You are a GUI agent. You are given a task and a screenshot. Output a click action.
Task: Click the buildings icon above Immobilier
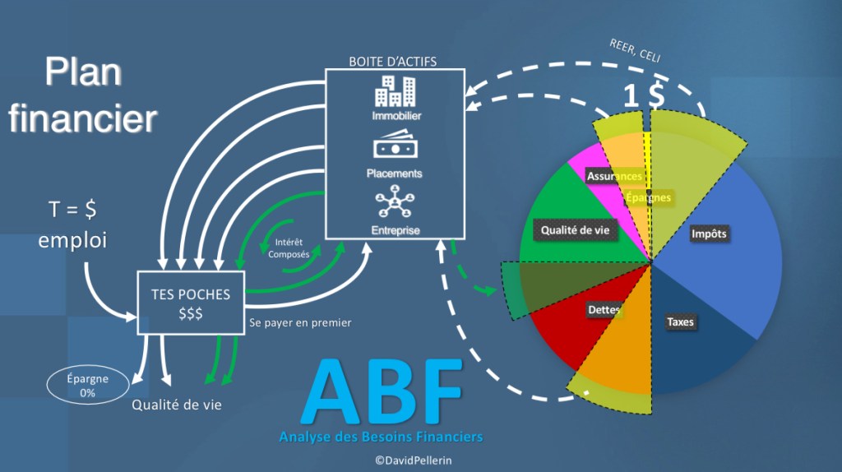[395, 92]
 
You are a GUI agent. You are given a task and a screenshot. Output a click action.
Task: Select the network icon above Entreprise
[395, 202]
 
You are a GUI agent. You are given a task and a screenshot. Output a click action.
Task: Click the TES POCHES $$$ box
[190, 303]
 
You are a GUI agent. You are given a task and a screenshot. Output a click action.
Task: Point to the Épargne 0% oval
[88, 386]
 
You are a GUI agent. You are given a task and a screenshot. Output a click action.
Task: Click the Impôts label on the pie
[710, 234]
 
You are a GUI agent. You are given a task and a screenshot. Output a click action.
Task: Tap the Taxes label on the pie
[680, 322]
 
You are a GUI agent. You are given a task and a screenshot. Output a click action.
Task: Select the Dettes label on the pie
[604, 310]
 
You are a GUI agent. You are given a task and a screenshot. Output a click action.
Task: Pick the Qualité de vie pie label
[576, 230]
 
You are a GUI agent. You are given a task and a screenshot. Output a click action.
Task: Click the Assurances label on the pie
[614, 176]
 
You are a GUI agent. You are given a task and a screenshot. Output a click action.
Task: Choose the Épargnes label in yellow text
[648, 197]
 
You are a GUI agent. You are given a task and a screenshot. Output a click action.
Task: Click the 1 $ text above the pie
[644, 96]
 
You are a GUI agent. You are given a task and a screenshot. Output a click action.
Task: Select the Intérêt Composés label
[289, 248]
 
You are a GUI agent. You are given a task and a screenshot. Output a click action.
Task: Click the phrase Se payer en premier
[300, 322]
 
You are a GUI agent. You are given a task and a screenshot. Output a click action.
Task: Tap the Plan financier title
[82, 95]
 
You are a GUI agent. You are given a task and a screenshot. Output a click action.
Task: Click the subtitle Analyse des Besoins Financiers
[381, 436]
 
